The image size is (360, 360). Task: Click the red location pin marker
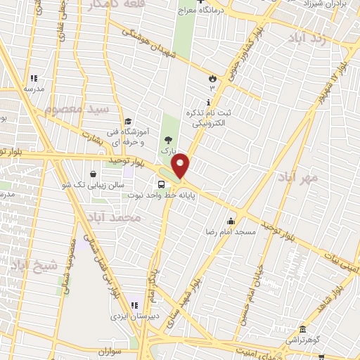click(x=181, y=165)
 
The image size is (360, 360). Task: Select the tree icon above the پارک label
click(x=167, y=141)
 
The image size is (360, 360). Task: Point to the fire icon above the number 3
click(x=212, y=78)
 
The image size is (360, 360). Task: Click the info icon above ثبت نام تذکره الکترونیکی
click(x=208, y=103)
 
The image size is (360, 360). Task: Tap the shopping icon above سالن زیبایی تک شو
click(x=93, y=174)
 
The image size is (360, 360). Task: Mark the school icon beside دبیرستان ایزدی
click(x=134, y=305)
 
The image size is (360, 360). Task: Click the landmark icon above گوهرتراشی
click(x=302, y=329)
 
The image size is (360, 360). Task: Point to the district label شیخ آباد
click(x=30, y=266)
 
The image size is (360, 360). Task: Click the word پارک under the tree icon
click(x=167, y=151)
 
